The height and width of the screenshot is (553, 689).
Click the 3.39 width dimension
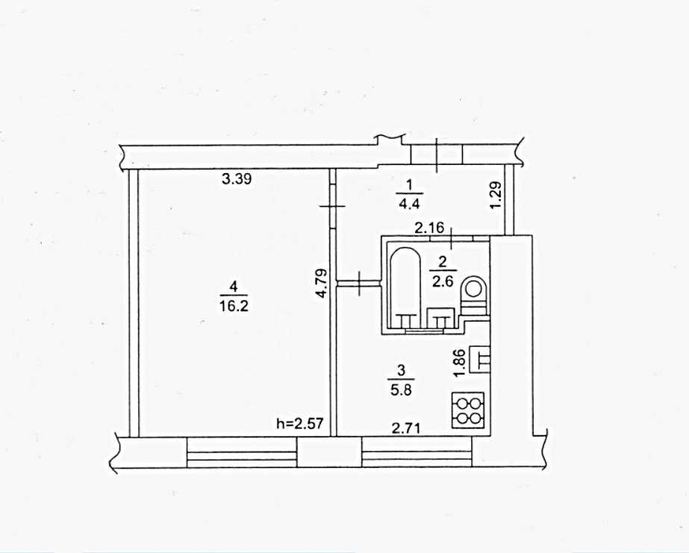coord(237,179)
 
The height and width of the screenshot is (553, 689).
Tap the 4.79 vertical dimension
coord(322,284)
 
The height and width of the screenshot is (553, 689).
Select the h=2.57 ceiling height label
coord(299,423)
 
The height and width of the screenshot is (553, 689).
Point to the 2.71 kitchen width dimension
coord(406,428)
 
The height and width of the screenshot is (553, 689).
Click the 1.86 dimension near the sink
coord(459,363)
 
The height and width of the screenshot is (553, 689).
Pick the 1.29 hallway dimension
coord(496,196)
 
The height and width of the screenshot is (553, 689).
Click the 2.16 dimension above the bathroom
coord(430,228)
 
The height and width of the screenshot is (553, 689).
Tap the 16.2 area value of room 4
coord(234,306)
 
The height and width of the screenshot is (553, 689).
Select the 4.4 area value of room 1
coord(409,204)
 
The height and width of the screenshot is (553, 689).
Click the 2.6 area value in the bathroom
coord(443,281)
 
